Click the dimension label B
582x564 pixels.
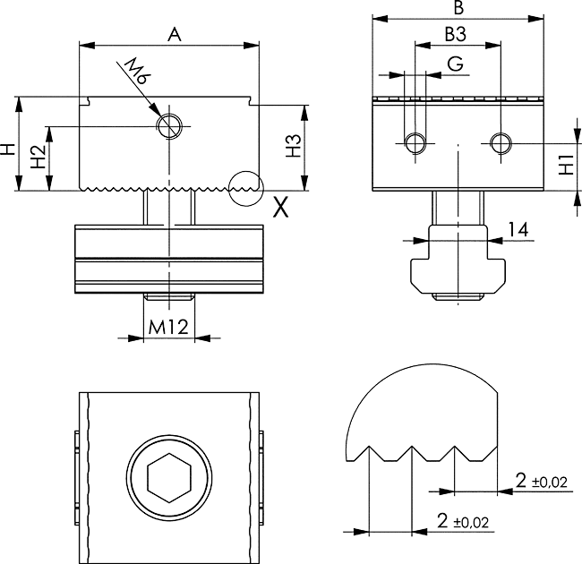point(458,9)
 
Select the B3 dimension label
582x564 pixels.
point(455,35)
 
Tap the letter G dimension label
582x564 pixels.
point(455,64)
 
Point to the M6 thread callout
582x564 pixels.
point(135,73)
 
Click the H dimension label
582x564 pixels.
point(8,148)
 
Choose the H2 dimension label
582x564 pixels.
point(37,158)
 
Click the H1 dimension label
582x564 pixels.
point(566,165)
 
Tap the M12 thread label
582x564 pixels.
point(167,327)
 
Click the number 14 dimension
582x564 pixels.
point(517,229)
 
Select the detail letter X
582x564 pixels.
point(280,208)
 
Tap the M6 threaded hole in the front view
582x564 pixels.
point(167,126)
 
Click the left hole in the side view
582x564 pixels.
point(415,142)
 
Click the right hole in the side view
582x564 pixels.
point(501,141)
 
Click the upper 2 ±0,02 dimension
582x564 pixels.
point(542,482)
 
